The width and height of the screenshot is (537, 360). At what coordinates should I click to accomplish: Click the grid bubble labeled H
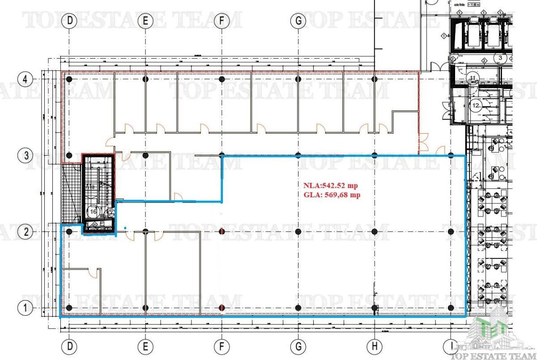click(375, 346)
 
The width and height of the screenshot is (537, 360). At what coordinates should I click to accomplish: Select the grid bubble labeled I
click(450, 346)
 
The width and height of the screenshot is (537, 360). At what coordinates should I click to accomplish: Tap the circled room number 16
click(93, 211)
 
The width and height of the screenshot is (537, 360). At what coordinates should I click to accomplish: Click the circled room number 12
click(475, 106)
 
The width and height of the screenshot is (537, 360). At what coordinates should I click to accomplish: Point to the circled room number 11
click(473, 78)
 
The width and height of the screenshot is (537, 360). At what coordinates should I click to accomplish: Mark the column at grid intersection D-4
click(69, 79)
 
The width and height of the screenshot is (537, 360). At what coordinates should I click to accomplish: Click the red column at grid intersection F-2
click(222, 232)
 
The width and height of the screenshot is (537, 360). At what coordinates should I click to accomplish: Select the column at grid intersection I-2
click(451, 232)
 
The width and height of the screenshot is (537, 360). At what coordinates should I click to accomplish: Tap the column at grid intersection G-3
click(298, 155)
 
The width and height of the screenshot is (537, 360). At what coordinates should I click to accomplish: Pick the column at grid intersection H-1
click(375, 308)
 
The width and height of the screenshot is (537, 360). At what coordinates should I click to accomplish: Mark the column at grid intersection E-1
click(145, 308)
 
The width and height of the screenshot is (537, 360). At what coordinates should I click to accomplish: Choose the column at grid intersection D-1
click(69, 308)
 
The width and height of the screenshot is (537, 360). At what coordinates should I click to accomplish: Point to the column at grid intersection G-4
click(298, 79)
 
